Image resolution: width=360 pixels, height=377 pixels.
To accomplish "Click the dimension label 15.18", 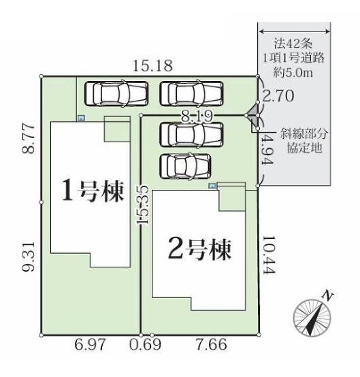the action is coord(152,65).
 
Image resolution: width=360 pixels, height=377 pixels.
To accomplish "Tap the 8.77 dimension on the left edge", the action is coord(29,139).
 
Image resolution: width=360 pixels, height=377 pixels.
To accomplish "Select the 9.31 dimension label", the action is coord(29,257).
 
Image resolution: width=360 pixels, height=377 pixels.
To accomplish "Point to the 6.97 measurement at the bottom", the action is coord(90,344).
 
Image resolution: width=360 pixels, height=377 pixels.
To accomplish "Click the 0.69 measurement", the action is coord(145,344).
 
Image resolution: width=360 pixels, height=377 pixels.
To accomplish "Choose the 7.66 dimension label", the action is coord(212,344).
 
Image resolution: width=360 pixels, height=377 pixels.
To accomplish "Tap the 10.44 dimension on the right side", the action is coord(269,255).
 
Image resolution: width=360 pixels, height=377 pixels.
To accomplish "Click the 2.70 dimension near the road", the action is coord(278,96).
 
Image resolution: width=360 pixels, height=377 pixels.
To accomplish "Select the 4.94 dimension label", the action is coord(268,149).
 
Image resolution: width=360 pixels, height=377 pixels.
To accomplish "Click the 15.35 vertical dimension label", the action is coord(143,205).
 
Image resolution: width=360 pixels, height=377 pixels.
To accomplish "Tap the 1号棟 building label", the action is coord(93,191).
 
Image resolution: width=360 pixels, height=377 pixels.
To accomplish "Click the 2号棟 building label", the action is coord(200,250).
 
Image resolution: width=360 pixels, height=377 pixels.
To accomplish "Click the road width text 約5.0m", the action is coord(293,72).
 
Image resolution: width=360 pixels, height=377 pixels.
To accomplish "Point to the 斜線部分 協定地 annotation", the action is coord(304,141).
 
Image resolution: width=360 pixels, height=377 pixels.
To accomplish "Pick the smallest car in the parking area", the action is coord(185,166).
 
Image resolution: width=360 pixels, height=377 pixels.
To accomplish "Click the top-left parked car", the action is coord(116,94).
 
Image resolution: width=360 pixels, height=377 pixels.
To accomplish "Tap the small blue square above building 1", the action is coord(81,118).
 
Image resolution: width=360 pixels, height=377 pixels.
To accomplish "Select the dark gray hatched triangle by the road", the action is coord(252,115).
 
